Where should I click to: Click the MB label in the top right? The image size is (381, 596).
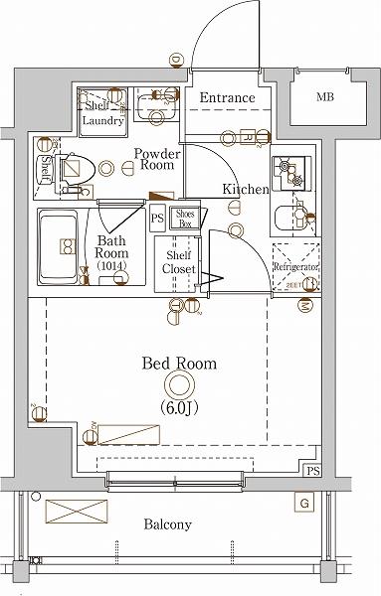(x=325, y=97)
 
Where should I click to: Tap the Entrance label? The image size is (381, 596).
(x=227, y=98)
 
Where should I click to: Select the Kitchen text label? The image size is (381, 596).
(x=244, y=189)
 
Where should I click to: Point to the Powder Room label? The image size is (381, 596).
(x=158, y=161)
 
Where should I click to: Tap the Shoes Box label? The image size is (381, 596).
(x=185, y=218)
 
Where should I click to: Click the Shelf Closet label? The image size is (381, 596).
(x=179, y=262)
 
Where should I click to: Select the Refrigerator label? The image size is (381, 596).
(x=295, y=268)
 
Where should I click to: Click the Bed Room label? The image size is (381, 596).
(x=178, y=365)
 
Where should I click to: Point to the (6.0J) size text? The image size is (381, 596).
(x=179, y=408)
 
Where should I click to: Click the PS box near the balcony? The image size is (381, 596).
(x=313, y=470)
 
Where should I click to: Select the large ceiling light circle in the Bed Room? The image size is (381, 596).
(x=179, y=386)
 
